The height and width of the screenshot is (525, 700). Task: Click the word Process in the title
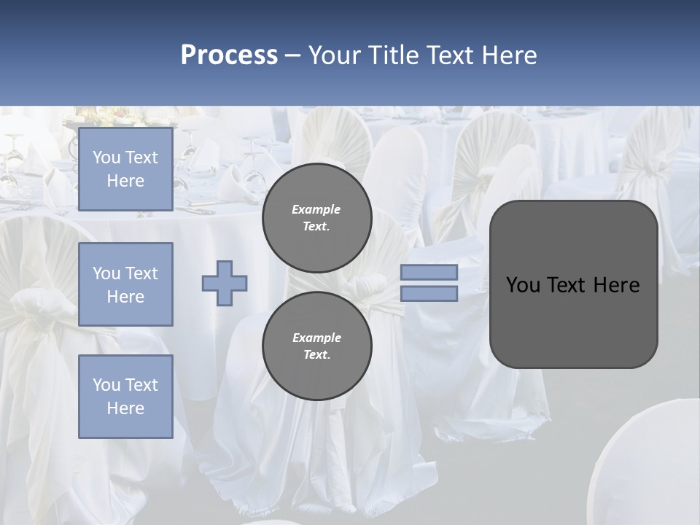pos(229,55)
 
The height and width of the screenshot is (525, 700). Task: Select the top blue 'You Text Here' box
pos(125,169)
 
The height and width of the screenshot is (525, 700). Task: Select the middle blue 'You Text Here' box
pos(125,284)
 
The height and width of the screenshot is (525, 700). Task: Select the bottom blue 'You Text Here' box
pos(125,396)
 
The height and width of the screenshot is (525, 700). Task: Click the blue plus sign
pos(225,283)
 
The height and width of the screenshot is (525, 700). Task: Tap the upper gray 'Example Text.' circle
pos(317,218)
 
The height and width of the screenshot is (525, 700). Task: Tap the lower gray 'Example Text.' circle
pos(317,346)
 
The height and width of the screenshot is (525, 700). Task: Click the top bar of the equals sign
pos(429,272)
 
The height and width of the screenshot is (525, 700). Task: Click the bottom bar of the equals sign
pos(429,294)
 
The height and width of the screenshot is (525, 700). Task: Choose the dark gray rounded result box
pos(573,284)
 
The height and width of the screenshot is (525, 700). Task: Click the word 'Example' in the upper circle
pos(316,209)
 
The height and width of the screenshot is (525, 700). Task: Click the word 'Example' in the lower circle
pos(316,338)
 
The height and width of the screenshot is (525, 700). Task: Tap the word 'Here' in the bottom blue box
pos(125,408)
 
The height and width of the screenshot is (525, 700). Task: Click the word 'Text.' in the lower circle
pos(316,355)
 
